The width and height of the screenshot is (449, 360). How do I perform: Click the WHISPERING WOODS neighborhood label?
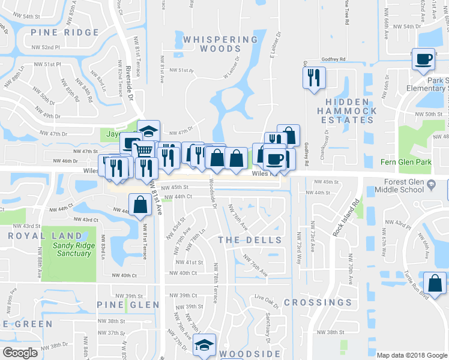click(220, 44)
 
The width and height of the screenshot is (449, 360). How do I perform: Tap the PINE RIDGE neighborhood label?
click(64, 32)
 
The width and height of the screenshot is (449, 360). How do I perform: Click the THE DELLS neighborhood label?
click(250, 240)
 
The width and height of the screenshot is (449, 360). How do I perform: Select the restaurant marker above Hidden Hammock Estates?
click(314, 77)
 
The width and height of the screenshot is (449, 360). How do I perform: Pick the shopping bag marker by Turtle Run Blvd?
click(434, 282)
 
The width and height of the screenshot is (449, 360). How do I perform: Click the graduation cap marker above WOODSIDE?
click(204, 345)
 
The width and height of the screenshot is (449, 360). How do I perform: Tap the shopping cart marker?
click(143, 150)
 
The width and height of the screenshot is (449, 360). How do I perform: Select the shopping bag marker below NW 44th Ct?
click(140, 205)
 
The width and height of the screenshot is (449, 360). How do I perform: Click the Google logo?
click(20, 353)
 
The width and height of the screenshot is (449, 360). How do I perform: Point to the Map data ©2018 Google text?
click(411, 355)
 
